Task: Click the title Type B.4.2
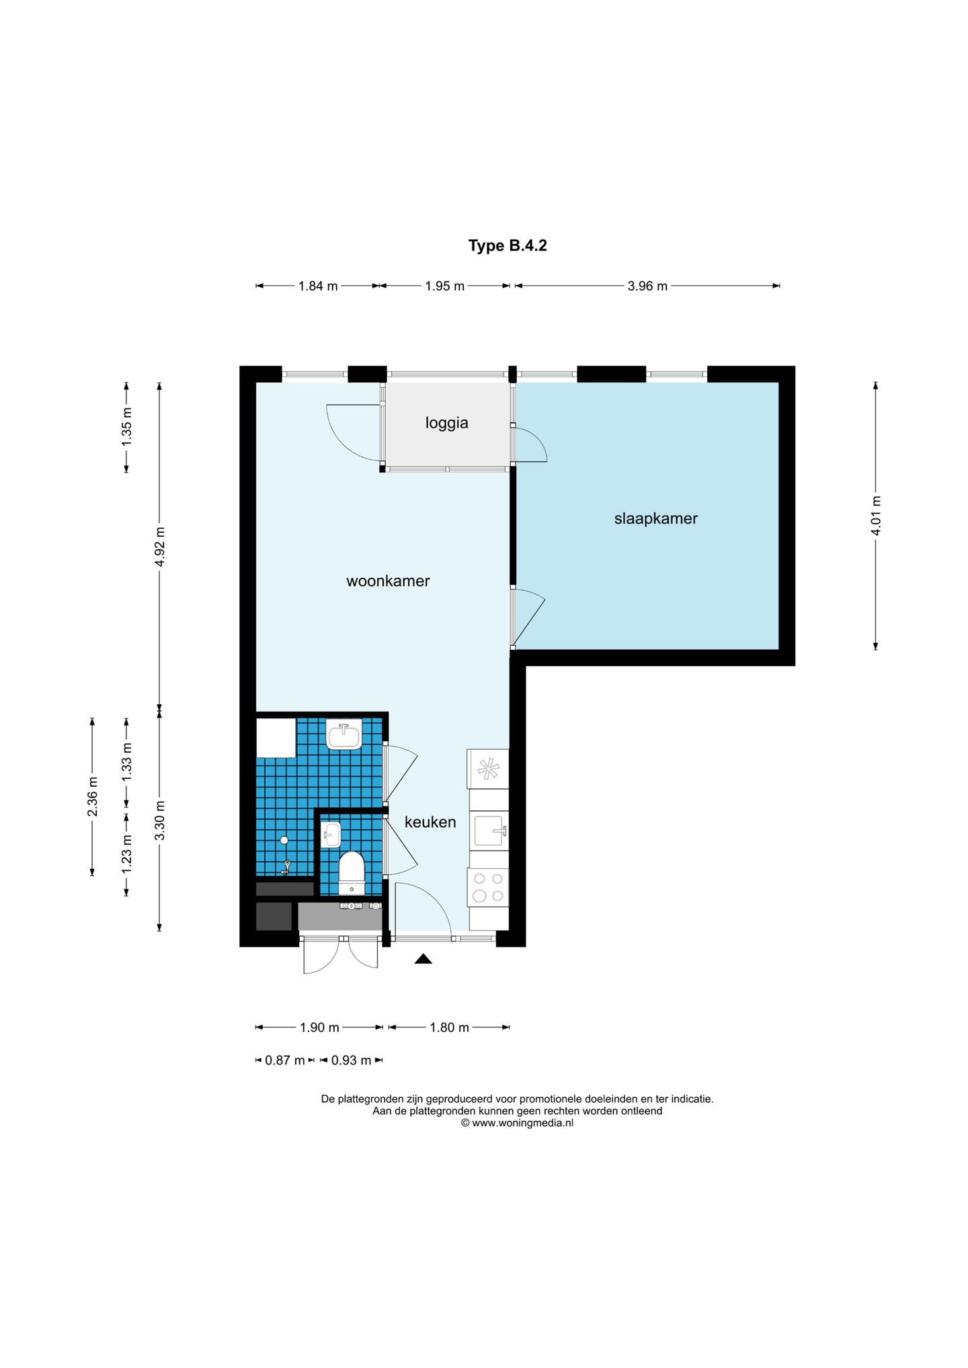[508, 246]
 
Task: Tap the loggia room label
[446, 423]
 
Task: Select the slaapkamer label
[655, 519]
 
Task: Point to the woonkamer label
[388, 581]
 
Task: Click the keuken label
[430, 822]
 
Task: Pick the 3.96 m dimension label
[647, 286]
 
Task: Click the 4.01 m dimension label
[876, 515]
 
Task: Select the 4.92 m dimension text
[160, 546]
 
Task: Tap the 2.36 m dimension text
[93, 797]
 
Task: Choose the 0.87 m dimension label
[285, 1060]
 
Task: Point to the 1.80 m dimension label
[449, 1027]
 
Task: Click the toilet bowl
[351, 873]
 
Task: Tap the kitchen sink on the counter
[489, 831]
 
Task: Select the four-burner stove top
[489, 888]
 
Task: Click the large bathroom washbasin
[344, 734]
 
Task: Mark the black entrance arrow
[423, 959]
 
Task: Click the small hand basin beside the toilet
[331, 835]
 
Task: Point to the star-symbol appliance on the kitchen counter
[489, 769]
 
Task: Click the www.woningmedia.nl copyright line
[517, 1123]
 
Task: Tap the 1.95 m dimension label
[445, 286]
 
